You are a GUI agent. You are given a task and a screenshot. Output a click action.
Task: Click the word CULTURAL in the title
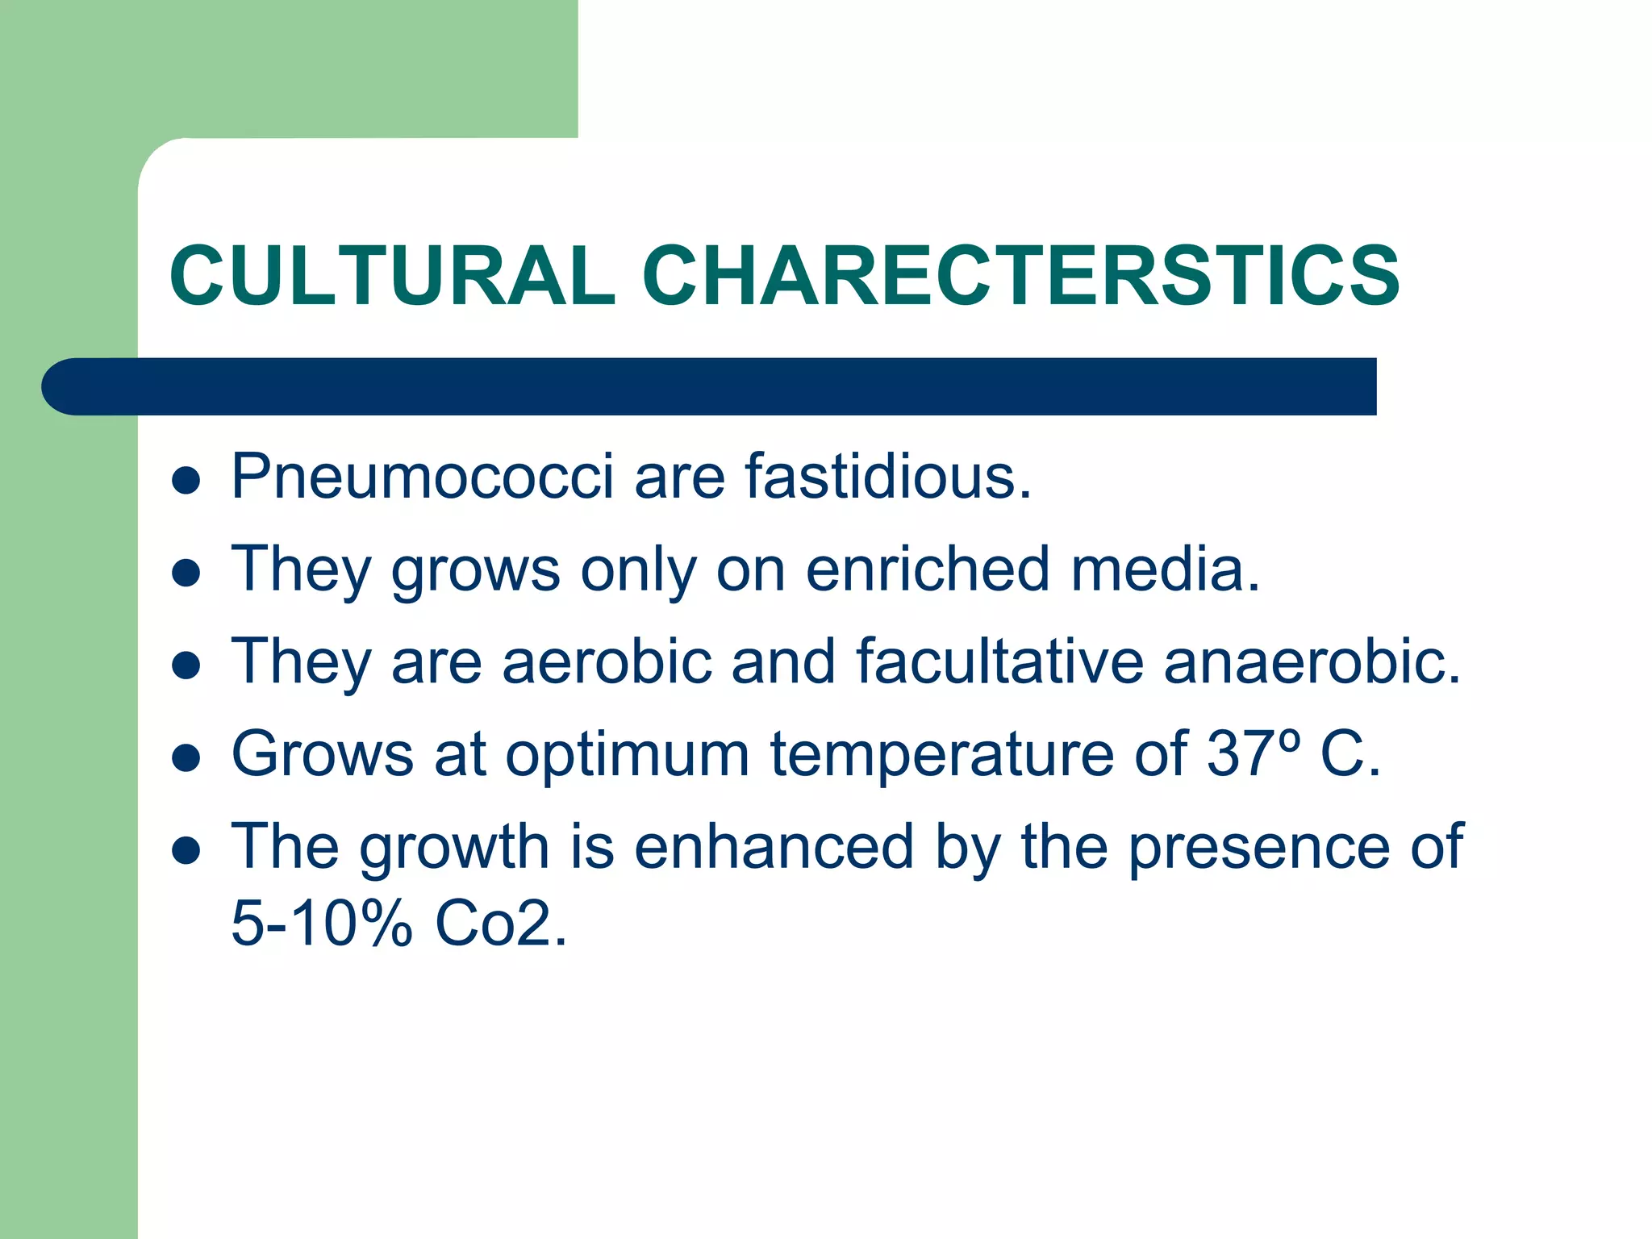pos(392,276)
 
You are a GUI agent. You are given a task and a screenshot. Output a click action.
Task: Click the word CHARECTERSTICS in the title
pos(1020,276)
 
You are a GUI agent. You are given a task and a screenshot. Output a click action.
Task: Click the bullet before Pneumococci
pos(186,481)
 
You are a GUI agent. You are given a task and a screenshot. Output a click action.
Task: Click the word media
pos(1165,569)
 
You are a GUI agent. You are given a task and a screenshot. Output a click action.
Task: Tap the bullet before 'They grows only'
pos(186,574)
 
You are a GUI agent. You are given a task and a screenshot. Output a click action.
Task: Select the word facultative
pos(999,661)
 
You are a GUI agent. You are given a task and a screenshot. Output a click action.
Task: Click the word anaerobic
pos(1312,661)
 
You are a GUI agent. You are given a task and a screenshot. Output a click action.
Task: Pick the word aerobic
pos(607,661)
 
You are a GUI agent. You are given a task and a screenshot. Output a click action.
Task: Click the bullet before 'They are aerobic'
pos(186,666)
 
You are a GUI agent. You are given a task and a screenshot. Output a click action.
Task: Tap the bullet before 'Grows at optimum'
pos(186,758)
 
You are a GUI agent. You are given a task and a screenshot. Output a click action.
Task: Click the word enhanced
pos(774,847)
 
